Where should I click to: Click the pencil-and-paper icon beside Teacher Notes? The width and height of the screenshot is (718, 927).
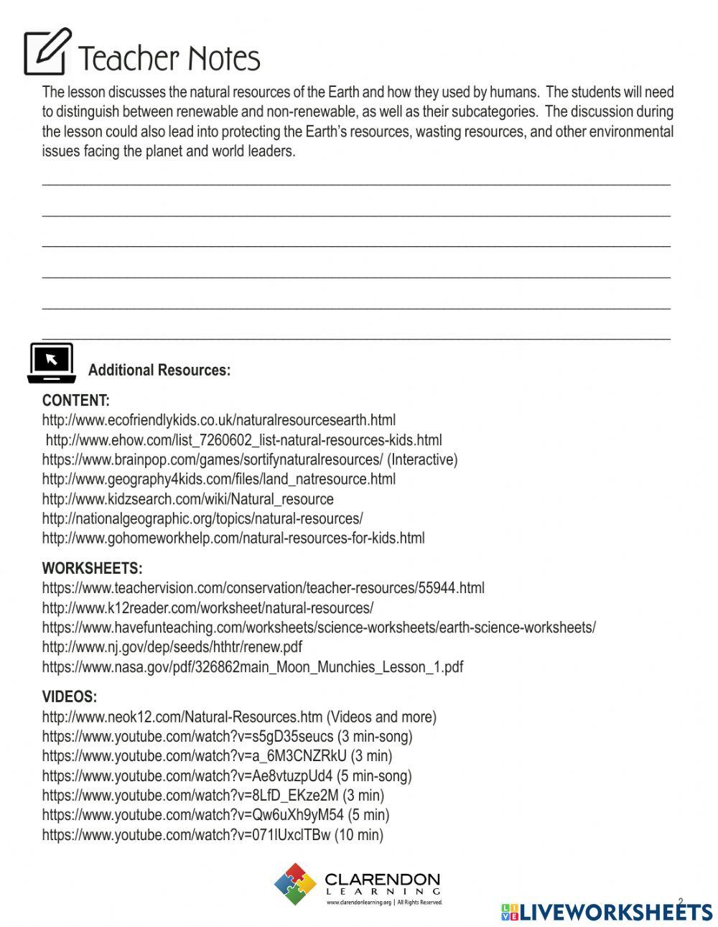point(47,52)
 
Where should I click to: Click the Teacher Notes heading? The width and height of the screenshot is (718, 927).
point(169,59)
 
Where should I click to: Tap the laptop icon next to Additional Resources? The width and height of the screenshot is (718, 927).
point(52,363)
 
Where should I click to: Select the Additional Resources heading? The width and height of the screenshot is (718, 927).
point(159,371)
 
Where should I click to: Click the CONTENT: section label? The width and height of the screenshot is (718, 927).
point(76,401)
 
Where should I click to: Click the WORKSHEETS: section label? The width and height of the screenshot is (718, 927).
point(92,569)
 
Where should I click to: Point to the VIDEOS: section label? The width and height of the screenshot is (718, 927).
point(70,697)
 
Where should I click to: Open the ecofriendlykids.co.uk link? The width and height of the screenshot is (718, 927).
point(219,420)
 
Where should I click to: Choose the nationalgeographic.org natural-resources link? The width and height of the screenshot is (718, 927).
point(202,518)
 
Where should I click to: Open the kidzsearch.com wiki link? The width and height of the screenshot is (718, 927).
point(188,499)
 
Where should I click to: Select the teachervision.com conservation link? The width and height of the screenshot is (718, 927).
point(263,588)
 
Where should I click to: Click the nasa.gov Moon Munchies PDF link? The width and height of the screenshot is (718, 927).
point(253,667)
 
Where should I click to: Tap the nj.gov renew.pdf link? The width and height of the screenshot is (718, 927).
point(172,647)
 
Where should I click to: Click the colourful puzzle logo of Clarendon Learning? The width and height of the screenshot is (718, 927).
point(295,884)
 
